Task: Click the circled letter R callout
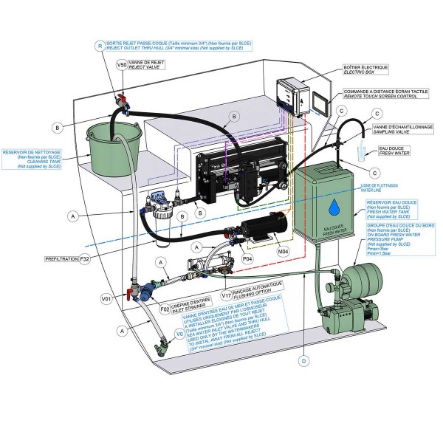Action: click(100, 45)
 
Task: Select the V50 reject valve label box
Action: click(122, 65)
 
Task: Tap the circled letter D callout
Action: click(303, 362)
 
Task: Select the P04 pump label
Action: click(248, 258)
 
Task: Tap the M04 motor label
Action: click(282, 252)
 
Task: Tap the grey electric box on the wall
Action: click(292, 96)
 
